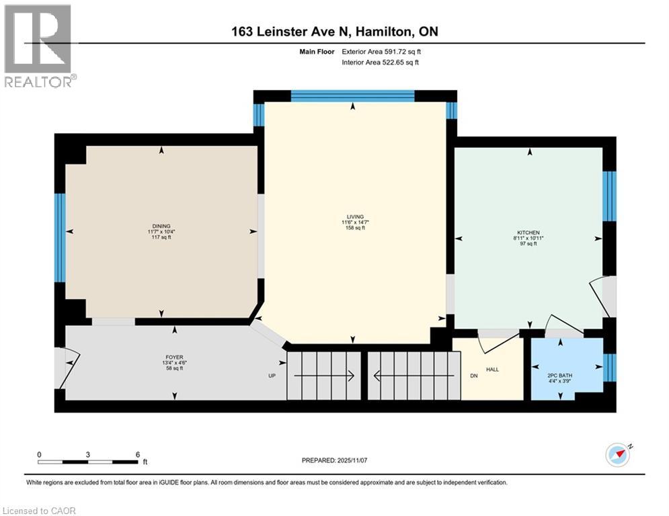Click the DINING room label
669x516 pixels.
[x=161, y=226]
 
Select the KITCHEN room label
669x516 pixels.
[x=529, y=232]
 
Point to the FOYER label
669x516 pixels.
[x=175, y=357]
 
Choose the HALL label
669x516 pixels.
[x=492, y=370]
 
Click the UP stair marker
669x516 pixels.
[x=273, y=376]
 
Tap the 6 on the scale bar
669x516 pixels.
[x=137, y=454]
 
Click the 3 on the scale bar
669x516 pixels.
[x=88, y=454]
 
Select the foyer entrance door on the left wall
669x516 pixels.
[x=67, y=368]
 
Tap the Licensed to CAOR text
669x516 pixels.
[x=38, y=511]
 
